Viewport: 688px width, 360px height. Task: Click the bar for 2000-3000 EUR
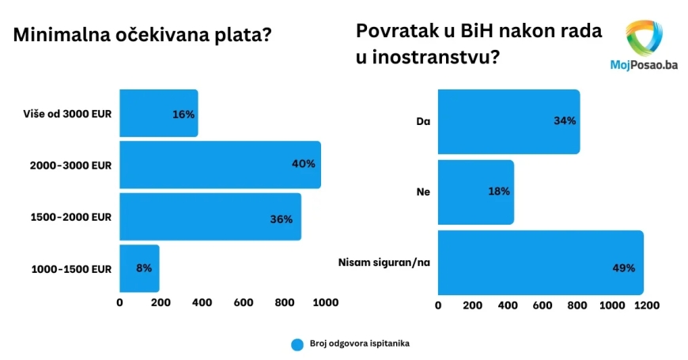click(x=220, y=165)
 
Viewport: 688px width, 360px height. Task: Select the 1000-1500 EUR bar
click(x=139, y=268)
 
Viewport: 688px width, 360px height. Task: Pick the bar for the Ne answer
click(x=475, y=191)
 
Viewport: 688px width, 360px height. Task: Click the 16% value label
click(x=183, y=114)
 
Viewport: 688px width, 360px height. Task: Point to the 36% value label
click(x=281, y=219)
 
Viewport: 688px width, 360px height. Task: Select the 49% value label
click(x=623, y=267)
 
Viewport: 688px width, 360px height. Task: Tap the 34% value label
click(x=565, y=121)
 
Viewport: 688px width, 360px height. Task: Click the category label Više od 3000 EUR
click(x=68, y=113)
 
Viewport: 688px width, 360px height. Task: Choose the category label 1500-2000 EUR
click(x=71, y=217)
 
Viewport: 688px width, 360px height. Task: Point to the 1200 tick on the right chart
click(x=645, y=305)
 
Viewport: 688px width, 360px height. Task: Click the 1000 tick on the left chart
click(x=325, y=302)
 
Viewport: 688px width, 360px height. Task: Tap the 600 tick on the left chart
click(x=244, y=302)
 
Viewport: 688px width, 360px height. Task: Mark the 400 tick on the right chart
click(x=507, y=305)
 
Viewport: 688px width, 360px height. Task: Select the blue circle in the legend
click(x=297, y=344)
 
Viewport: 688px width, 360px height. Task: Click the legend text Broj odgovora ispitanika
click(x=360, y=343)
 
